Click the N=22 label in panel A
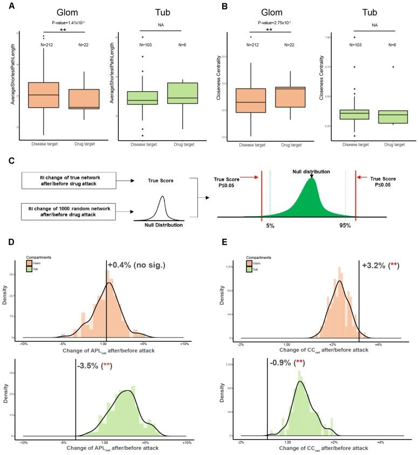click(84, 45)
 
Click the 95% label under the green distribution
click(345, 225)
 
